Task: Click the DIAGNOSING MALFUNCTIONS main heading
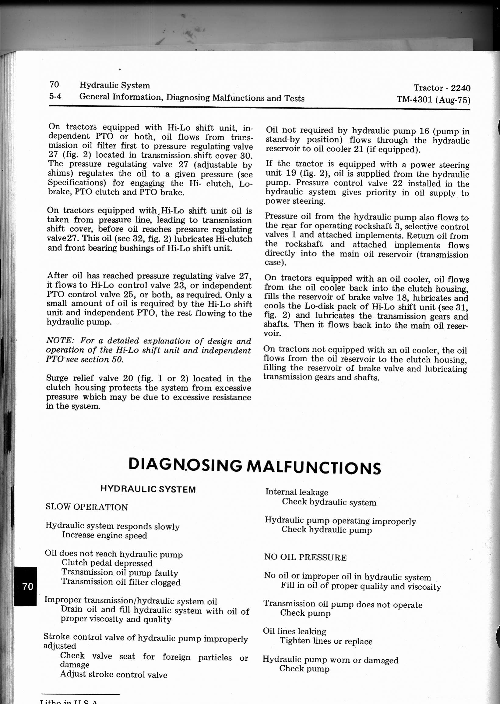coord(254,467)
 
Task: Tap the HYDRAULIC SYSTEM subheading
coord(148,489)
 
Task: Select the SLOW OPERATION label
coord(86,507)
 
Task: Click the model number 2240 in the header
coord(460,88)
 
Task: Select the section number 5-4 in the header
coord(55,96)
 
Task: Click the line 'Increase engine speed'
coord(104,535)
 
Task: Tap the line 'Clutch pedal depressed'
coord(107,563)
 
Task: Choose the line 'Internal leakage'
coord(297,492)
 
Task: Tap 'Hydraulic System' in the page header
coord(114,85)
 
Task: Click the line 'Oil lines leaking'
coord(294,631)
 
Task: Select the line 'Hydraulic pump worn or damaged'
coord(330,660)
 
